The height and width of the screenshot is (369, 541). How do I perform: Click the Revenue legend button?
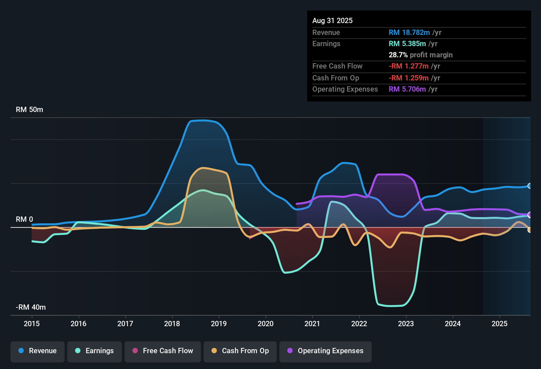[x=38, y=351]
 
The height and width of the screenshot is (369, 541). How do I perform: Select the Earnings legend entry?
[x=95, y=351]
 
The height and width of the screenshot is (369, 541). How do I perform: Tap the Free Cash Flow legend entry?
[x=163, y=351]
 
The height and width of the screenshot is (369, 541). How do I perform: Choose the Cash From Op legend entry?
[x=240, y=351]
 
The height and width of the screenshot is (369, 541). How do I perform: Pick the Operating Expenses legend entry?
[x=326, y=351]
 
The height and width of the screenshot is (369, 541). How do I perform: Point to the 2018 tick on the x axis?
[x=172, y=324]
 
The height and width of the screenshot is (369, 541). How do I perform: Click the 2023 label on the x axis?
[x=406, y=324]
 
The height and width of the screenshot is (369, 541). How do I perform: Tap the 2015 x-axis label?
[x=32, y=324]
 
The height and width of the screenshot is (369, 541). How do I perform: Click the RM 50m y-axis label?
[x=29, y=110]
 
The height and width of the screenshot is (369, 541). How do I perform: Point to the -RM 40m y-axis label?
[x=31, y=307]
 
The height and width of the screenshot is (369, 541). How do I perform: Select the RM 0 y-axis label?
[x=24, y=219]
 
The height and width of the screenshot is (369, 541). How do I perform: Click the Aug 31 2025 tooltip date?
[x=332, y=21]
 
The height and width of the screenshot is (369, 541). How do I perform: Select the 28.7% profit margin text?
[x=420, y=55]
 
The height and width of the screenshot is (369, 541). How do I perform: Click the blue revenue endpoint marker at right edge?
[x=529, y=186]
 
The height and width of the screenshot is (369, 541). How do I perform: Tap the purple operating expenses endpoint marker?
[x=529, y=215]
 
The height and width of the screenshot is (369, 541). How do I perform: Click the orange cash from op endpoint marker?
[x=529, y=230]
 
